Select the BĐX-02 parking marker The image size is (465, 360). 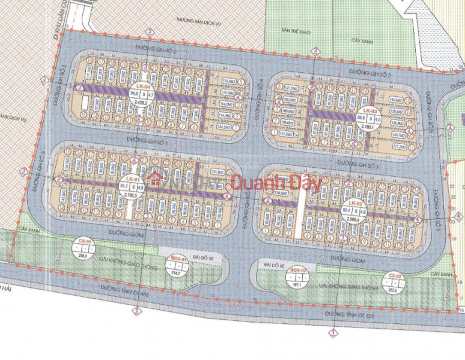pos(296,276)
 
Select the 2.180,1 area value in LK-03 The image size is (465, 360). pos(369,127)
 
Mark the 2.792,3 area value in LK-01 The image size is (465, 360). pos(130,195)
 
